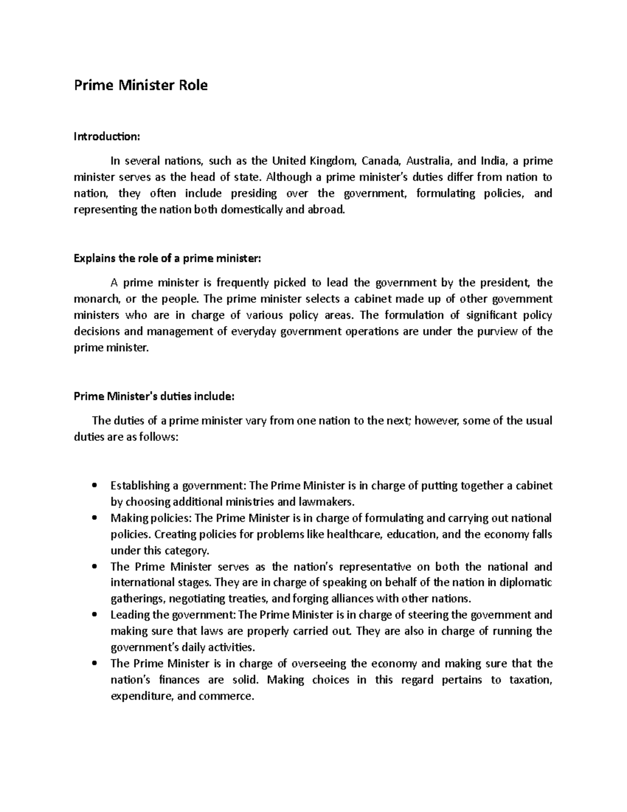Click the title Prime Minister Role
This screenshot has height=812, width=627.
[141, 85]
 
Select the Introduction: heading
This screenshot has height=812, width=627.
[107, 137]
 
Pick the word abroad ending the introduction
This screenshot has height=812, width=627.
[328, 210]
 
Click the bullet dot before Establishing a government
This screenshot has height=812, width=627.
[94, 486]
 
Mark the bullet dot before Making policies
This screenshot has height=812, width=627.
[94, 518]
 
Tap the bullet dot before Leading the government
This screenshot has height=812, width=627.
[94, 615]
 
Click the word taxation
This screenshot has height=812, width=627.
[530, 680]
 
